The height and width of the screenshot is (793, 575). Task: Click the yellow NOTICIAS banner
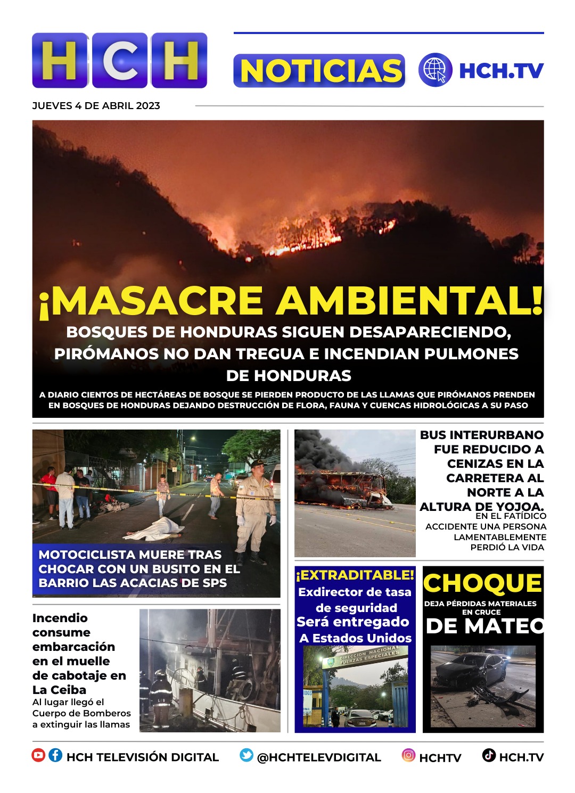tap(319, 71)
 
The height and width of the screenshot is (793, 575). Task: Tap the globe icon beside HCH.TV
tap(435, 70)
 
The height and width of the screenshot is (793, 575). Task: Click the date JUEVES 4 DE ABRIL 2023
tap(96, 106)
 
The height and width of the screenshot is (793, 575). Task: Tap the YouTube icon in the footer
tap(38, 755)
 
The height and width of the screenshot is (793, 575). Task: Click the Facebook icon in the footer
tap(55, 755)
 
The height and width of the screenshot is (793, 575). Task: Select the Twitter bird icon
tap(246, 755)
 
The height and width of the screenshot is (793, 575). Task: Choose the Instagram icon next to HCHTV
tap(408, 755)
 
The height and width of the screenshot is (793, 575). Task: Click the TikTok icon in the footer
tap(489, 755)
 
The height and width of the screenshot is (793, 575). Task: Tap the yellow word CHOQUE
tap(482, 583)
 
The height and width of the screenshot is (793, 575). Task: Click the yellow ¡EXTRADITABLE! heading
tap(355, 575)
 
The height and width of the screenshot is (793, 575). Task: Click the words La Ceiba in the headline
tap(59, 690)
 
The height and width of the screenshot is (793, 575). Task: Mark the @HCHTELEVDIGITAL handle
tap(319, 757)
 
